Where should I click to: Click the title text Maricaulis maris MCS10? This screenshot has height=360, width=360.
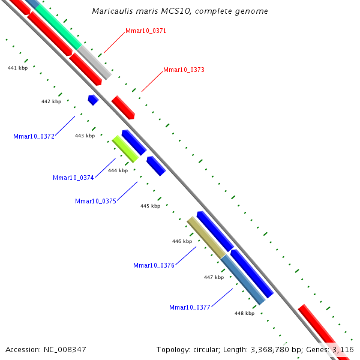[142, 11]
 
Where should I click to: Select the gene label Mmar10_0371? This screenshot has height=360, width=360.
[146, 31]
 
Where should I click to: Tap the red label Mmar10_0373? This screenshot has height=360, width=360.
[184, 70]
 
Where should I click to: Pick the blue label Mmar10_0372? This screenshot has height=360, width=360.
[34, 136]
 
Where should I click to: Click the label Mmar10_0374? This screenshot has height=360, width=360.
[73, 178]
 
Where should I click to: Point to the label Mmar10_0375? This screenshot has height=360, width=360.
[95, 201]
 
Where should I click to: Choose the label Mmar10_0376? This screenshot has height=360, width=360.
[154, 265]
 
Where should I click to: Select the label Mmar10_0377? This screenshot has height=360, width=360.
[190, 307]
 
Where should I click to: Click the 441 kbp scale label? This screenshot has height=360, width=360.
[17, 68]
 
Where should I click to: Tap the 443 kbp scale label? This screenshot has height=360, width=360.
[85, 136]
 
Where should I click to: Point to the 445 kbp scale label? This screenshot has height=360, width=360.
[151, 206]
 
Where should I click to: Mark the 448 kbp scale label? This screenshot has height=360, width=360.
[245, 313]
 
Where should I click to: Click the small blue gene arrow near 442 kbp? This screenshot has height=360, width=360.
[93, 100]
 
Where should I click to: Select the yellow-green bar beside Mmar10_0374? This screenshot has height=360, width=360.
[125, 149]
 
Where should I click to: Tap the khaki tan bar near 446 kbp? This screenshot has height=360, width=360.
[206, 238]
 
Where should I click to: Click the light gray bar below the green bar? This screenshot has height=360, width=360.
[94, 62]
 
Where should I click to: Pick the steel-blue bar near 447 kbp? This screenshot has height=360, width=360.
[243, 280]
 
